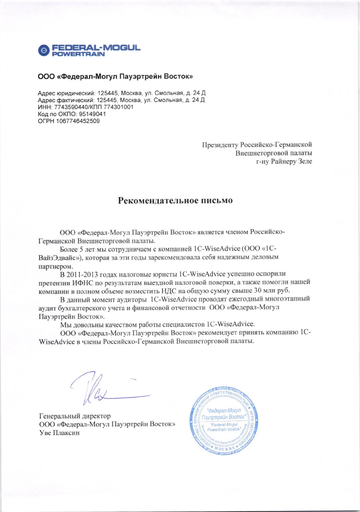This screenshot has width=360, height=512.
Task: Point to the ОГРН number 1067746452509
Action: [x=78, y=121]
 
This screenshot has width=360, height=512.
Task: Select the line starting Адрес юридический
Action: [x=121, y=93]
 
